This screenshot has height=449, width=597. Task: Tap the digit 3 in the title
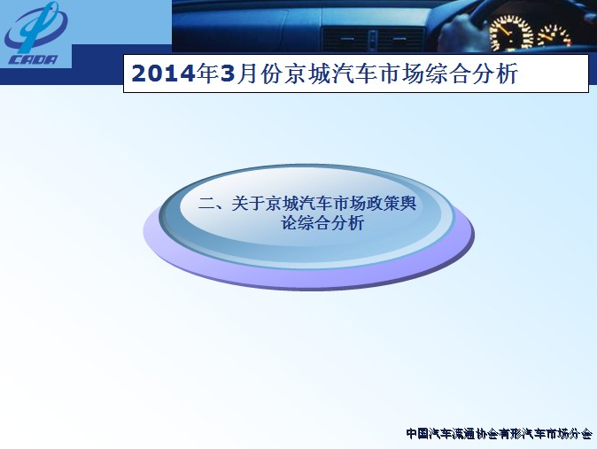coord(228,74)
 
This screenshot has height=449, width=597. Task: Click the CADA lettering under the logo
coord(33,60)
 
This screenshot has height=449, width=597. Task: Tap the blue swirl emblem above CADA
coord(35,27)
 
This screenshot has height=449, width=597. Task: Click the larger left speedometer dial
coord(511,33)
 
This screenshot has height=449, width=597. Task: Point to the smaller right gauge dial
coord(554,35)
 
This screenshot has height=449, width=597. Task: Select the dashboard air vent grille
coord(372,39)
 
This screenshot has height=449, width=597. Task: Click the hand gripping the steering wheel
coord(461,33)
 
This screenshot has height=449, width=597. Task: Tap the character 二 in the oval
coord(206,204)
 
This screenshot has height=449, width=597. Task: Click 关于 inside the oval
coord(248,204)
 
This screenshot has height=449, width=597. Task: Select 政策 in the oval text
coord(383,204)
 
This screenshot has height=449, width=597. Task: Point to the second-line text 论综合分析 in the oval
coord(322,223)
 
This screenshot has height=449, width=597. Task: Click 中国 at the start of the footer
coord(418,434)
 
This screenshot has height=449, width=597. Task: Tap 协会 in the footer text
coord(487,434)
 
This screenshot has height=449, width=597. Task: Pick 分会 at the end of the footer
coord(581,434)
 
